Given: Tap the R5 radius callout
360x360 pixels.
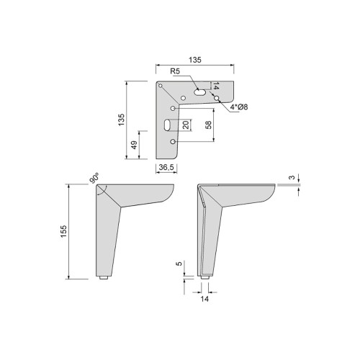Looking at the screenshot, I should (174, 72).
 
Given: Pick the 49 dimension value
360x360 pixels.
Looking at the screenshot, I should (134, 145).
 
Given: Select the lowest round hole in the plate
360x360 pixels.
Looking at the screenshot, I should (174, 143).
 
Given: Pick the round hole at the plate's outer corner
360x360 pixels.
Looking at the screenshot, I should (162, 87).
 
